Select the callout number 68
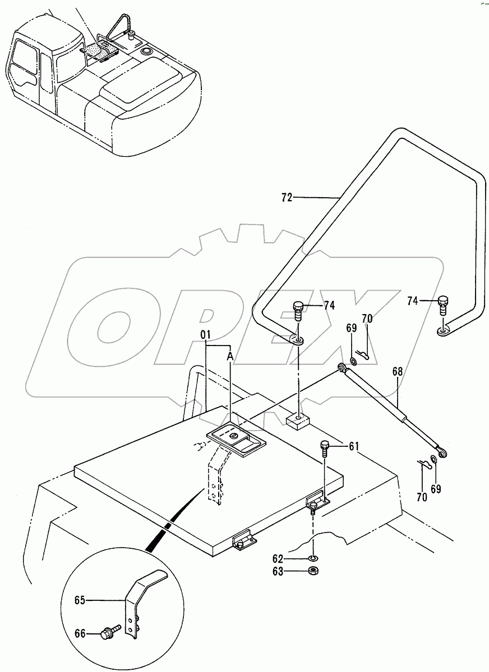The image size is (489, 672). (x=398, y=371)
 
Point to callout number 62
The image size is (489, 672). (x=294, y=558)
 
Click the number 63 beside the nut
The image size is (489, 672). (x=294, y=572)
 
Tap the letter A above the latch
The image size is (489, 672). (x=229, y=354)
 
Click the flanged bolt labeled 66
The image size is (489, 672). (x=108, y=633)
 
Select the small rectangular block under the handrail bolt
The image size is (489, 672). (x=297, y=420)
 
